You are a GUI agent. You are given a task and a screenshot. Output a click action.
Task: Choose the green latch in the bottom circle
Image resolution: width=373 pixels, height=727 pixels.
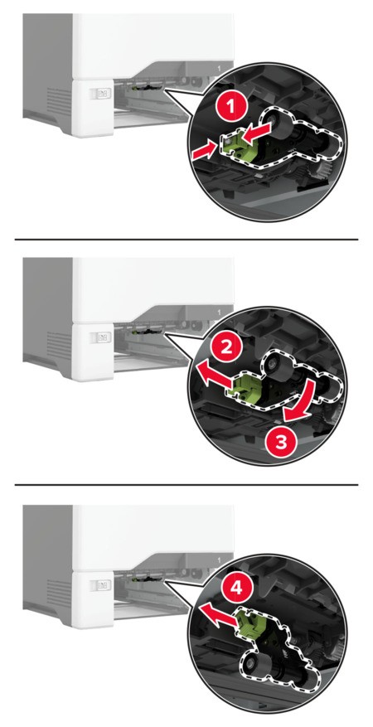249,628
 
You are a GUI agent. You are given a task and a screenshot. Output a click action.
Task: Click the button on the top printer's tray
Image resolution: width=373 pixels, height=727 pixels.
100,94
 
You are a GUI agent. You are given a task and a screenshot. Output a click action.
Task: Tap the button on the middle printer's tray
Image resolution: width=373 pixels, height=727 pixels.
100,337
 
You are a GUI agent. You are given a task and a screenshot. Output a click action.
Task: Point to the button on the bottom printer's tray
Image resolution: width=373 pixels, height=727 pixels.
100,585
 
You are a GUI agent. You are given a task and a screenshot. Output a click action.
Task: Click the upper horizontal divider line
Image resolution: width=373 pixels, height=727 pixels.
186,240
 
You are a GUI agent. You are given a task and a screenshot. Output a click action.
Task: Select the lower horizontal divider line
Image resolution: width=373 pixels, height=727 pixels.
186,484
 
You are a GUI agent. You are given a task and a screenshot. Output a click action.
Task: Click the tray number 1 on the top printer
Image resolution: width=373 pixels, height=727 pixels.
219,68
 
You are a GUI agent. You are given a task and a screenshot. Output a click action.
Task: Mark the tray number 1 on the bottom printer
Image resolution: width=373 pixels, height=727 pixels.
219,560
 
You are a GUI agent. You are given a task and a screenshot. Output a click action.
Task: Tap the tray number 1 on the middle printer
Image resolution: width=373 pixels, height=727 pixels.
219,312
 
